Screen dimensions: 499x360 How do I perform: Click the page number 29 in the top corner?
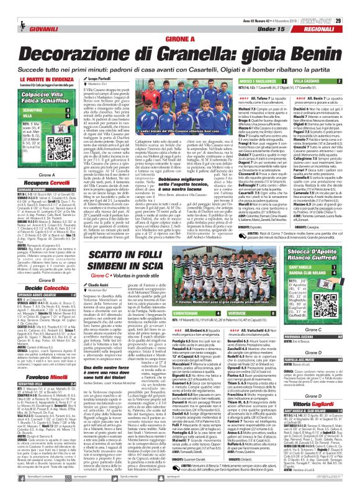point(351,6)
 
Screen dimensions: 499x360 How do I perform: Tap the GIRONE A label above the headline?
point(179,38)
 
